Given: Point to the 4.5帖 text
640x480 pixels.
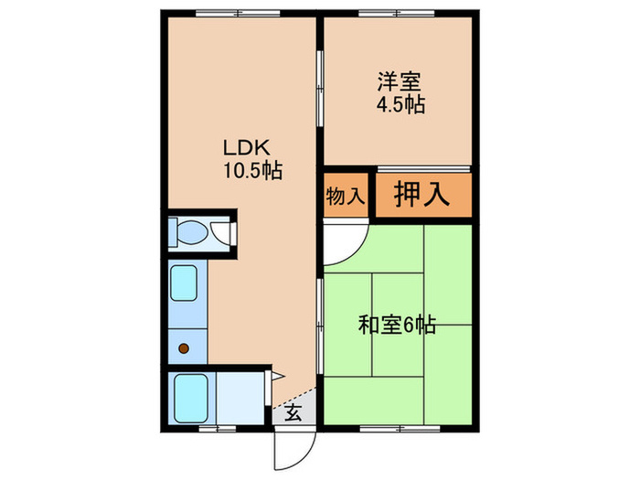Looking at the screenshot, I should coord(400,104).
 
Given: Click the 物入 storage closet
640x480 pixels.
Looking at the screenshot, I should coord(345,195).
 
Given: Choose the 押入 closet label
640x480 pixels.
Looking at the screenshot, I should coord(421,195).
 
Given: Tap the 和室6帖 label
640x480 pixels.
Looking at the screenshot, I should coord(396,324).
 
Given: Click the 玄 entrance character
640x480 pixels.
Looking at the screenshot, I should coord(293,412).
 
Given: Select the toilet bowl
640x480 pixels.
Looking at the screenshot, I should coord(191,233).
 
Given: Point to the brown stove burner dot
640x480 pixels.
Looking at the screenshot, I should coord(184,347).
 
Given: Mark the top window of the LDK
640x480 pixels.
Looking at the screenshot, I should coord(240,14).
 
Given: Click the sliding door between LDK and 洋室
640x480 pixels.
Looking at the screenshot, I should coord(319,91).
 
